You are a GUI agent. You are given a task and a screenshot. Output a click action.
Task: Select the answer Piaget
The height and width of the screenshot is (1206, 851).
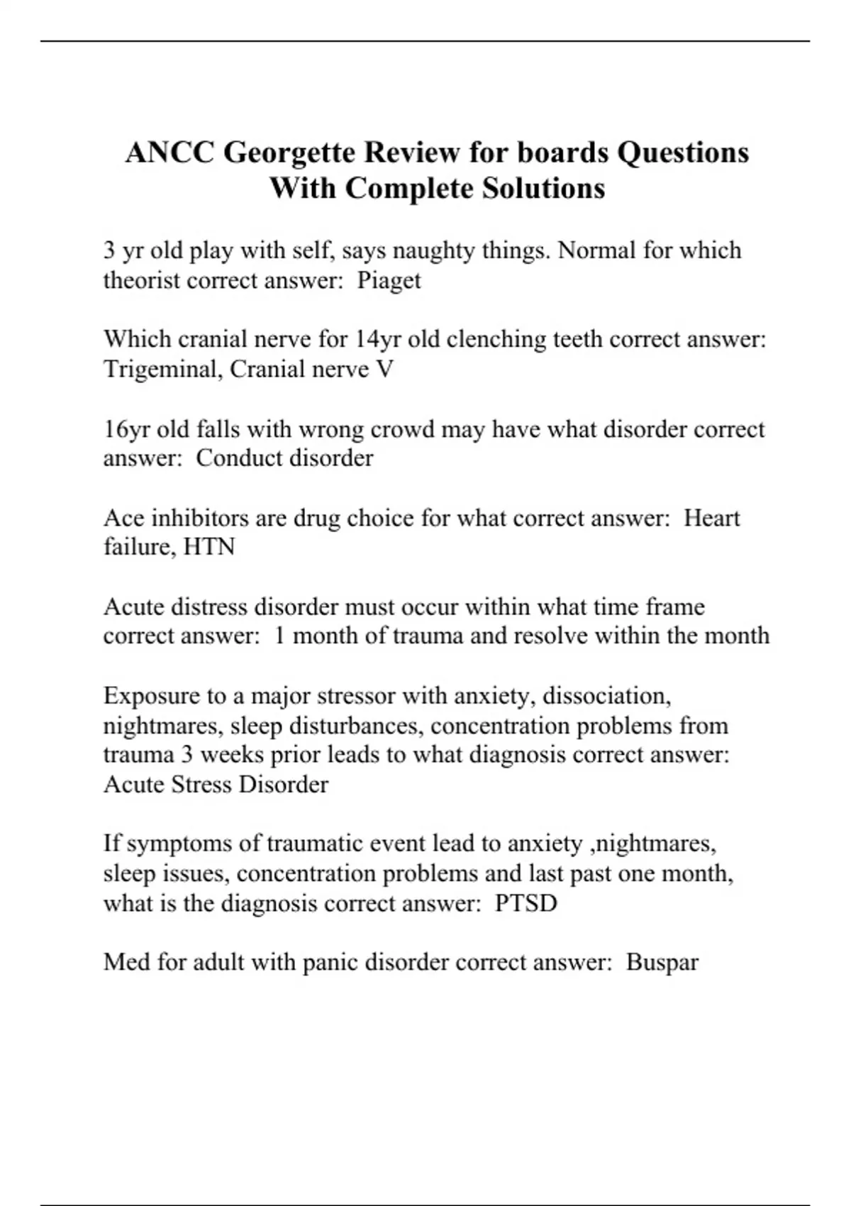click(x=389, y=281)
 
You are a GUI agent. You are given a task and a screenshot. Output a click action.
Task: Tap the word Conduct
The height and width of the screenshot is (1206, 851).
click(x=238, y=458)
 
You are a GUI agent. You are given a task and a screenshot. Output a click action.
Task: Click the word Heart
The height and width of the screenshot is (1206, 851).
click(x=711, y=518)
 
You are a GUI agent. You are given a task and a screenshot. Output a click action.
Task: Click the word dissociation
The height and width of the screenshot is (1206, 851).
click(x=606, y=696)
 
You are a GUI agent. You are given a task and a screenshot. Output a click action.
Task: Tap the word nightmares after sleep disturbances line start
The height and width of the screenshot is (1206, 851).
click(x=163, y=726)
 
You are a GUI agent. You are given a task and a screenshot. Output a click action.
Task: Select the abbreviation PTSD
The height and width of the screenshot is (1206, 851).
click(x=525, y=903)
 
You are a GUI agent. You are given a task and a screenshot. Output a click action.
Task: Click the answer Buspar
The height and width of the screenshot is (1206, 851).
click(x=662, y=963)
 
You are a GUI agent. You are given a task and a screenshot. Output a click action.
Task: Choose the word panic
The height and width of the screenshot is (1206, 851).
click(x=330, y=963)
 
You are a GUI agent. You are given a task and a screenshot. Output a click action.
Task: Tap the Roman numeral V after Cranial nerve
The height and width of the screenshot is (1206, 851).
click(x=386, y=370)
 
